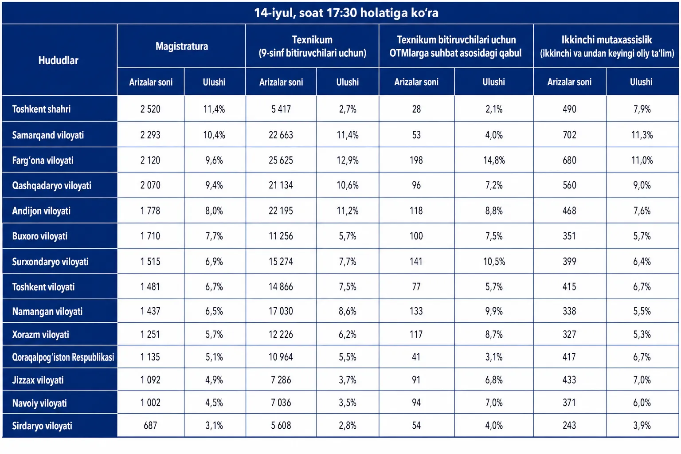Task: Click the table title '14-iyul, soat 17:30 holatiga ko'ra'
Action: click(346, 13)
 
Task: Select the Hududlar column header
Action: click(59, 60)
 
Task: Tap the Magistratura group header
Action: click(182, 46)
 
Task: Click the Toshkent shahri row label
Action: click(41, 109)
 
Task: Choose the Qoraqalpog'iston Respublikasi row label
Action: click(63, 357)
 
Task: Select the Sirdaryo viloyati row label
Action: click(42, 426)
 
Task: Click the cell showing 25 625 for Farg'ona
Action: click(281, 160)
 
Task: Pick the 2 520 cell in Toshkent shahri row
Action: click(150, 109)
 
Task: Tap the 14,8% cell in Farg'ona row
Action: click(494, 160)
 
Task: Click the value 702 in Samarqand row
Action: click(569, 135)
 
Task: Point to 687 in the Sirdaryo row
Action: click(150, 426)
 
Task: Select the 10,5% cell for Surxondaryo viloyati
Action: click(494, 262)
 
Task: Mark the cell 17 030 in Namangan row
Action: click(281, 311)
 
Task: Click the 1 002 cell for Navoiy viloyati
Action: click(150, 403)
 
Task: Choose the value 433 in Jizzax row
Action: click(569, 380)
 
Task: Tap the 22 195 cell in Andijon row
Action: click(281, 211)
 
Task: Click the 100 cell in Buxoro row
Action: click(416, 236)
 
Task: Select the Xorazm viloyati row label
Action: click(40, 334)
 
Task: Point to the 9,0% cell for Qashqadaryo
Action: click(642, 185)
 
